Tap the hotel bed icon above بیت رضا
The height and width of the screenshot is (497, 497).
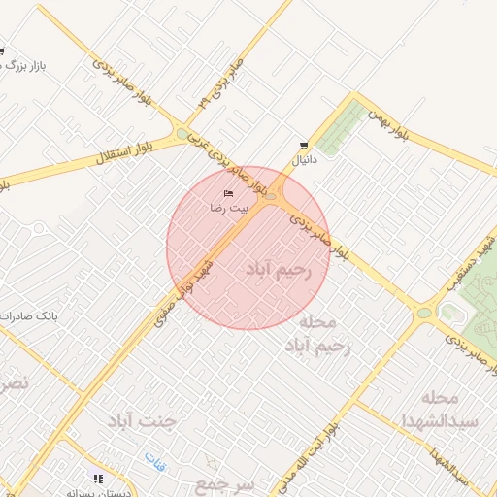point(229,193)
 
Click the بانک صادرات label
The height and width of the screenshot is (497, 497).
point(29,316)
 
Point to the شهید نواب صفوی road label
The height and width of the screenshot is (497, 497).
point(185,288)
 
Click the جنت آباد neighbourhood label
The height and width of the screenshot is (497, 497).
point(145,420)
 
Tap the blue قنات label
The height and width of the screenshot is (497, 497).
point(155,458)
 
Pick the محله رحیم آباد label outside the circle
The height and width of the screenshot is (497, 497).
point(315,333)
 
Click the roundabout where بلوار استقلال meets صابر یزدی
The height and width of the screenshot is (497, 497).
point(182,134)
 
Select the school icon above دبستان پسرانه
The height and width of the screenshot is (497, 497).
point(98,479)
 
